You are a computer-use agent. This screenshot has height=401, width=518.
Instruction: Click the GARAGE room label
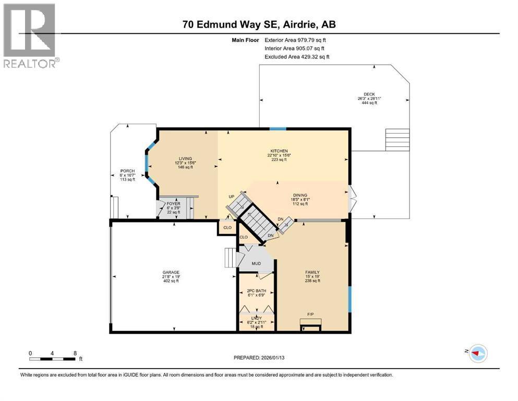[x=171, y=273]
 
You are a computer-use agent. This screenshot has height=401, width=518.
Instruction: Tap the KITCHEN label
[x=279, y=151]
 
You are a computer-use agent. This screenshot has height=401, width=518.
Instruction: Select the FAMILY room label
[x=312, y=273]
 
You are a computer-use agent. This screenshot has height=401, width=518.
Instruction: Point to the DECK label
[x=369, y=94]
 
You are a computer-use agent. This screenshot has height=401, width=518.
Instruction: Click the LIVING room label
[x=185, y=159]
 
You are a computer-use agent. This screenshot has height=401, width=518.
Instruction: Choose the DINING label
[x=300, y=195]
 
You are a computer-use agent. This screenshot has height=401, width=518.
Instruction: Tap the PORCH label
[x=127, y=171]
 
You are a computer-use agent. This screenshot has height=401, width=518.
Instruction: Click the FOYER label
[x=173, y=204]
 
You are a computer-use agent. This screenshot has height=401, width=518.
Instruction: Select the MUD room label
[x=256, y=264]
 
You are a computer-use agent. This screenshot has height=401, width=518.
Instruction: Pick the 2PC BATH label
[x=256, y=291]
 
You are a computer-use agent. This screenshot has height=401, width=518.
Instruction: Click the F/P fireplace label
[x=310, y=315]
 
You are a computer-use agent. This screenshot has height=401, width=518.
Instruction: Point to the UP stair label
[x=232, y=197]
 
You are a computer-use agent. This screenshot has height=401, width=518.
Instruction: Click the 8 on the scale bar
[x=75, y=353]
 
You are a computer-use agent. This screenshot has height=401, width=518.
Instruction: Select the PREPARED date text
[x=259, y=358]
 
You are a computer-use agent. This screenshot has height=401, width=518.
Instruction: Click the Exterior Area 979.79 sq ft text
[x=295, y=40]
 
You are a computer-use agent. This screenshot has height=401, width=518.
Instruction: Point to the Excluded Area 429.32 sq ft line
[x=297, y=57]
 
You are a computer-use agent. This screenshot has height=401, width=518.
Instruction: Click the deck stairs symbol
[x=397, y=140]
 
